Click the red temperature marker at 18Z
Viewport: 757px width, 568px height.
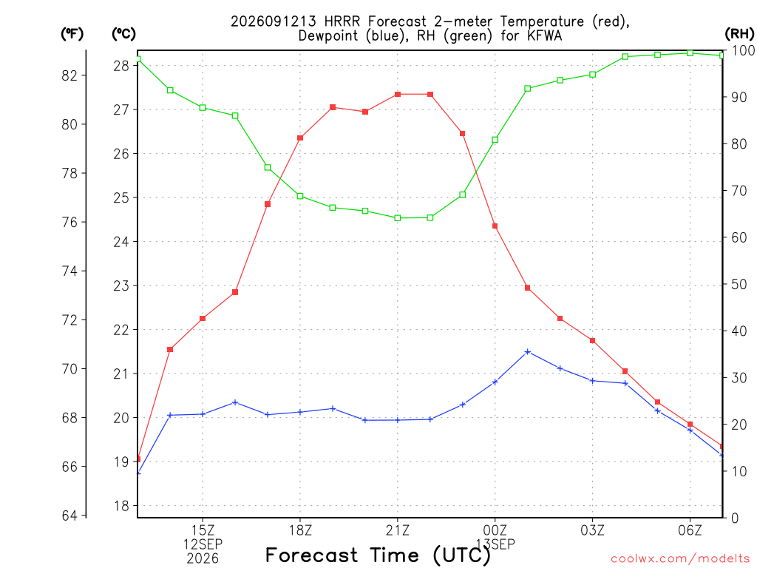tap(300, 138)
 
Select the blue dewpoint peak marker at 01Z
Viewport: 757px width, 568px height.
tap(528, 352)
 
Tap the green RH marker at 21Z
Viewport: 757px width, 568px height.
tap(398, 218)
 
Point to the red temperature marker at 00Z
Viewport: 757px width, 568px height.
tap(495, 226)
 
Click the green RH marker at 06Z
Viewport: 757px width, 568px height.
tap(690, 53)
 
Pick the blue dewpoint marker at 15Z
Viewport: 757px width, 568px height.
tap(203, 414)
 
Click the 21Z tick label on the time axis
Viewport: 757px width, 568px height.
tap(397, 530)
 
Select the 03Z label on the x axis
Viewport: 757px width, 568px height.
tap(592, 530)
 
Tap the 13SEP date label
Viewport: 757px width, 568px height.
tap(495, 544)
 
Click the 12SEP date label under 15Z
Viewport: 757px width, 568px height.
tap(203, 544)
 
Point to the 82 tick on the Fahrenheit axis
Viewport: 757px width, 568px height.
tap(69, 75)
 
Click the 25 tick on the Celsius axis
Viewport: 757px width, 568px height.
tap(121, 197)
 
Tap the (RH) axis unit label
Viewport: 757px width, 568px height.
tap(739, 34)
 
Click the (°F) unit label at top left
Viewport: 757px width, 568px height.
tap(72, 34)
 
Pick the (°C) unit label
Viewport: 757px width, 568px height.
tap(123, 34)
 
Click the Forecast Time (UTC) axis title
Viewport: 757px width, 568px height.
tap(378, 555)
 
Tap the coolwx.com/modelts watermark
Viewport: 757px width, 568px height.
tap(680, 559)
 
